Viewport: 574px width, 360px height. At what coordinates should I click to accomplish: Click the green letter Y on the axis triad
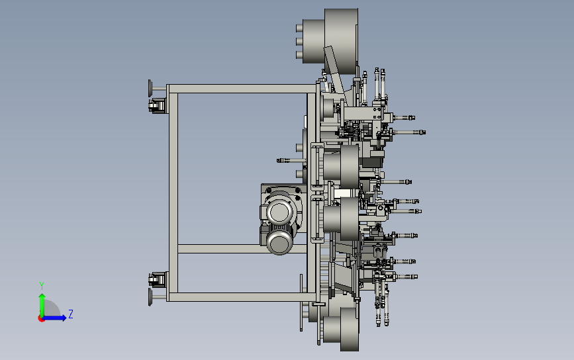tap(42, 286)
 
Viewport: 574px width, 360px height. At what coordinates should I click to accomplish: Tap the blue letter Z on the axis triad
tap(71, 314)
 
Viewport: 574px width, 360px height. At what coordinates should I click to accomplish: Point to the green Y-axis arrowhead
tap(42, 296)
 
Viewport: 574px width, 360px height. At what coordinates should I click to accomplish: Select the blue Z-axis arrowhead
tap(64, 318)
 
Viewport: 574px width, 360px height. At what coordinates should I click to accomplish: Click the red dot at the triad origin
tap(41, 319)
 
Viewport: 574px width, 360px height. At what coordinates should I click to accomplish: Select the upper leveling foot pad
tap(150, 88)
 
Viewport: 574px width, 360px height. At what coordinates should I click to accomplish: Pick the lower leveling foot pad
tap(150, 297)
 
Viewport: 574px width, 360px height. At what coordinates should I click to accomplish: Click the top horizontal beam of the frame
tap(242, 89)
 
